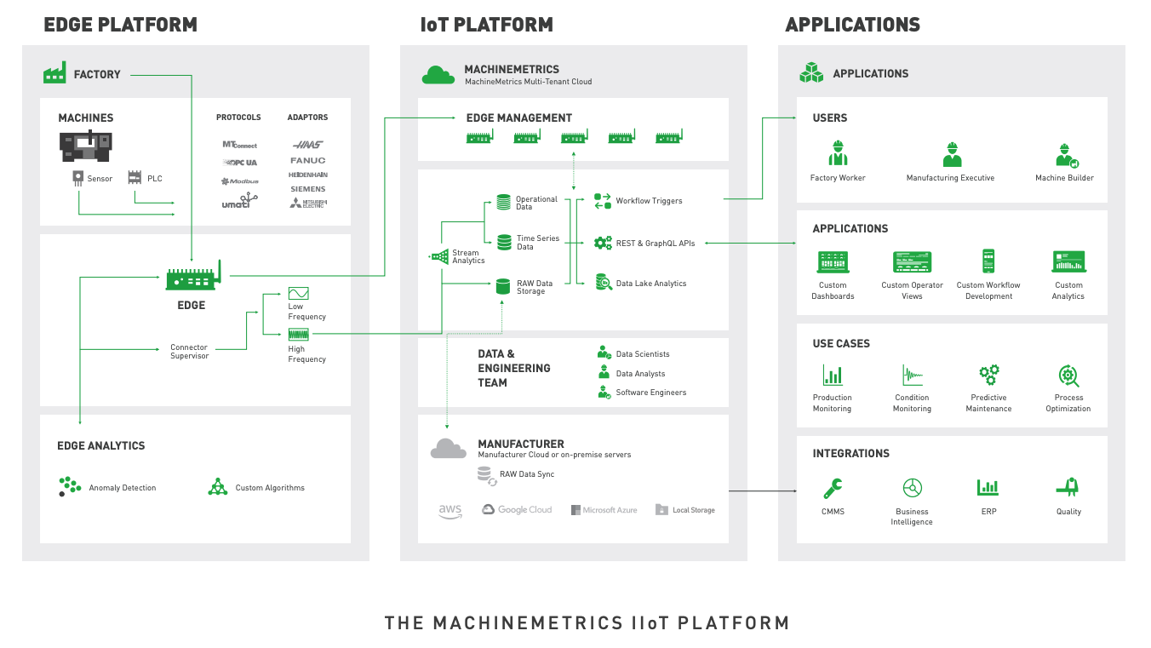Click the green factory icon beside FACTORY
54,73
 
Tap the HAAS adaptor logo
307,144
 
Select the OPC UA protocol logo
239,162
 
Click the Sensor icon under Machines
78,178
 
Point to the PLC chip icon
134,177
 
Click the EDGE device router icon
192,277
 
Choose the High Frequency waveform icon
298,335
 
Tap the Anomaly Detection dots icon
70,486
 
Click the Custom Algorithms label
270,488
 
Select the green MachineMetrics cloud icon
438,75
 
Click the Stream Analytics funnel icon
439,256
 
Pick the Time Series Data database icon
503,243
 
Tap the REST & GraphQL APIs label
655,244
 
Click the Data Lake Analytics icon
603,283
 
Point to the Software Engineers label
650,393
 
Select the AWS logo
450,510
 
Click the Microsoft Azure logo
604,510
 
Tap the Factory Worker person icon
838,154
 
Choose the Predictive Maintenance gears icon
988,375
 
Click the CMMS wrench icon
833,488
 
